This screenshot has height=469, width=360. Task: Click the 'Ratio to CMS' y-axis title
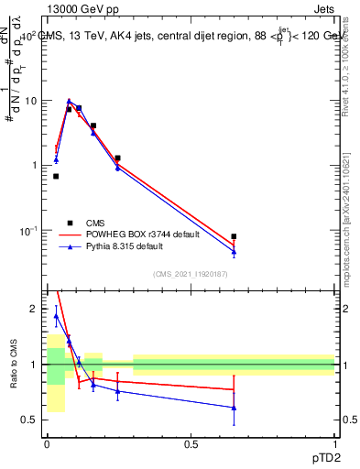pos(14,364)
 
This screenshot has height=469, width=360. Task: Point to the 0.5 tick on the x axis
pos(191,443)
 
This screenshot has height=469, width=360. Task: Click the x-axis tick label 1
pos(334,443)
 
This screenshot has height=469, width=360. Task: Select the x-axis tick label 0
pos(47,443)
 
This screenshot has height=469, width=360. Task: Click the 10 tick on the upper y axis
pos(29,101)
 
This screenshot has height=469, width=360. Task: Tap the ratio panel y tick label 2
pos(35,309)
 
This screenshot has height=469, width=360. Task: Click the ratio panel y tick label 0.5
pos(30,420)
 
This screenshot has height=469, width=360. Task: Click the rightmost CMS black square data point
pos(234,236)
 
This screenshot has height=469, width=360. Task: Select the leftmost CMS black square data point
pos(56,176)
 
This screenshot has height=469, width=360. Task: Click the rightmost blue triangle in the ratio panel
pos(234,408)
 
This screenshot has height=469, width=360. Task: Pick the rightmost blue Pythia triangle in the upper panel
pos(234,251)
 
